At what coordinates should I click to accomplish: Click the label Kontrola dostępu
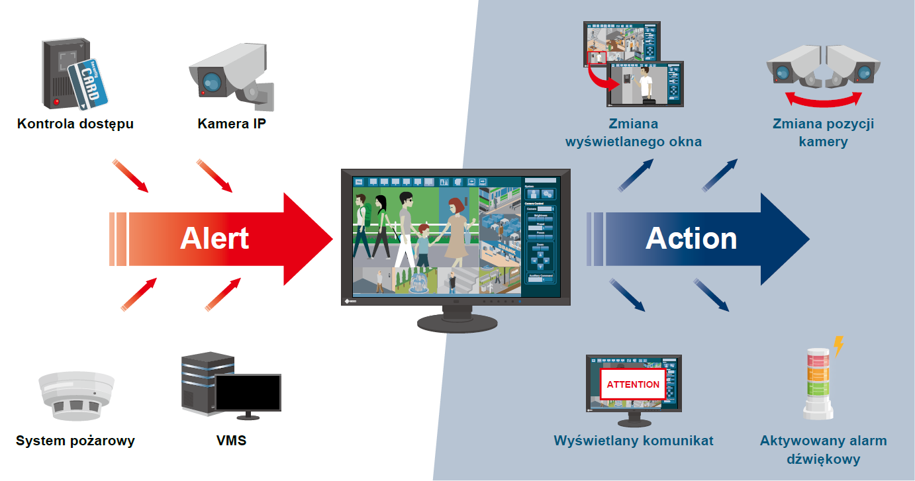click(75, 124)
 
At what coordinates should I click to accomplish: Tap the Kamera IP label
click(232, 124)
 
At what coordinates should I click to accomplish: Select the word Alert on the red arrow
click(215, 239)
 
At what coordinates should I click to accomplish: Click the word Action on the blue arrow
click(691, 239)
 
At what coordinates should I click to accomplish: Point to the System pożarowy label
click(75, 441)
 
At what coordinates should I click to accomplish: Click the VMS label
click(231, 441)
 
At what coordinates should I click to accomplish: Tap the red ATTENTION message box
click(633, 384)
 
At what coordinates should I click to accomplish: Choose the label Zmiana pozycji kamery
click(823, 132)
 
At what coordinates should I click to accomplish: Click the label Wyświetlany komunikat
click(634, 441)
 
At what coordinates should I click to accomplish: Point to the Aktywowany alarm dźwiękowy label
click(823, 450)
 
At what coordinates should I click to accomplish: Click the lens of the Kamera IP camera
click(212, 82)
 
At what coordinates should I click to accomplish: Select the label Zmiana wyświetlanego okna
click(633, 132)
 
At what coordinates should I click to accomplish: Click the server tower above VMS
click(207, 384)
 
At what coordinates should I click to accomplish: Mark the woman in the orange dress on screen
click(454, 232)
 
